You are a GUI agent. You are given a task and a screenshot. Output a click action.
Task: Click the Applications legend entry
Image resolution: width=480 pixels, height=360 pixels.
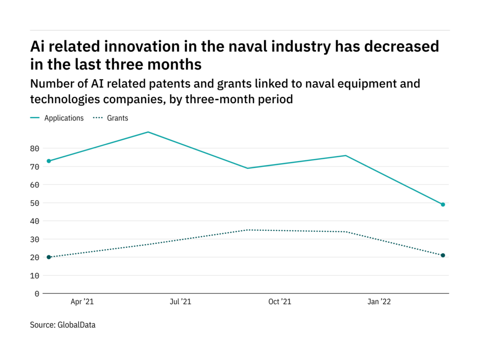pyautogui.click(x=64, y=118)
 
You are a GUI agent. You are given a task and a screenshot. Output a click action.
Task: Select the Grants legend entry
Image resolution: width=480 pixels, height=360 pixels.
pyautogui.click(x=117, y=118)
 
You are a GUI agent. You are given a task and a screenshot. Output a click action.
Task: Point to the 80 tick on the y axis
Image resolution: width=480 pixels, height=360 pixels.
pyautogui.click(x=34, y=148)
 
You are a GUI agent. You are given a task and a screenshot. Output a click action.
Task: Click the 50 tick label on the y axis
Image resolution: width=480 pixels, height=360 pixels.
pyautogui.click(x=34, y=203)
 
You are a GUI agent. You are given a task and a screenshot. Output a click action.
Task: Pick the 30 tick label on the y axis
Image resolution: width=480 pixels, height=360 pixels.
pyautogui.click(x=34, y=239)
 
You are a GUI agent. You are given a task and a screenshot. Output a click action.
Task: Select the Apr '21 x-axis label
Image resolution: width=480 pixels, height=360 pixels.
pyautogui.click(x=82, y=302)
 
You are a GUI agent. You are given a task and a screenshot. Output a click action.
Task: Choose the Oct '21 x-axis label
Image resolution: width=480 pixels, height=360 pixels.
pyautogui.click(x=279, y=302)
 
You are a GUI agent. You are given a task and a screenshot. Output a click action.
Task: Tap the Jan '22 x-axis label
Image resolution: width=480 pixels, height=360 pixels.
pyautogui.click(x=378, y=302)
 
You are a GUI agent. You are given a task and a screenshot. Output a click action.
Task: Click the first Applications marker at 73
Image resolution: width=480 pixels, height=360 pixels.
pyautogui.click(x=49, y=161)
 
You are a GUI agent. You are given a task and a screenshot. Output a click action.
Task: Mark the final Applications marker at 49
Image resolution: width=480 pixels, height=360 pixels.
pyautogui.click(x=442, y=204)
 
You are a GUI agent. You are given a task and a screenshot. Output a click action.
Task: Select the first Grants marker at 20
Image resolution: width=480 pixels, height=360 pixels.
pyautogui.click(x=49, y=257)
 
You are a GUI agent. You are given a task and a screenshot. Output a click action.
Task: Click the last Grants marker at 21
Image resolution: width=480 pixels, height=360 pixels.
pyautogui.click(x=442, y=255)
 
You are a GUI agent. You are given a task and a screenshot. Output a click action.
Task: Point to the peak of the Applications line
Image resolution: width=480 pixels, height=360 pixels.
pyautogui.click(x=148, y=132)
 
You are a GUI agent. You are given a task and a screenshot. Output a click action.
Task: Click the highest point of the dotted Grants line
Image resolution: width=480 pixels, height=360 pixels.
pyautogui.click(x=247, y=230)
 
